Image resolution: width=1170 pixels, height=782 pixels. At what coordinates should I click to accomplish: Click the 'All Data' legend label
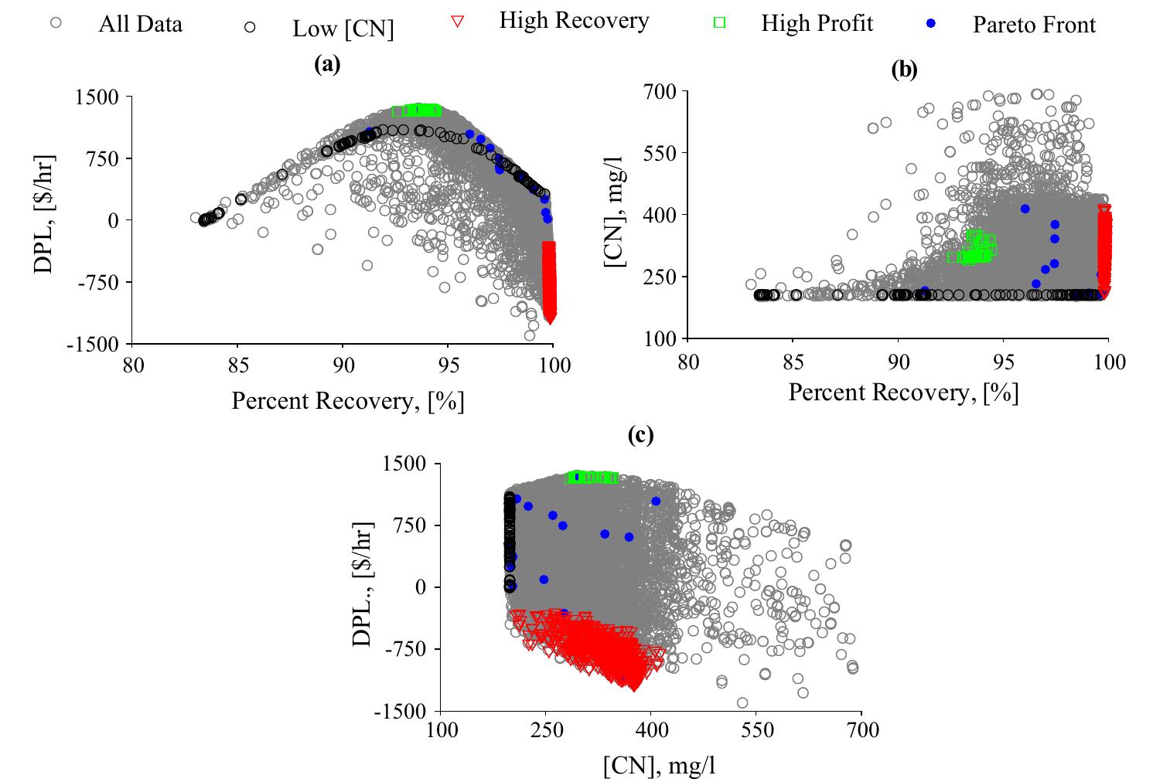coord(140,25)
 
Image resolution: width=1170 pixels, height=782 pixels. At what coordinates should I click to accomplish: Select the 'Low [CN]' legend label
coord(343,29)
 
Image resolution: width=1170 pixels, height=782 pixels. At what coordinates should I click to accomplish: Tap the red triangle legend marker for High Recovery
coord(457,22)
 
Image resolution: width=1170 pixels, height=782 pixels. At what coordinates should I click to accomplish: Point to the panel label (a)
coord(327,65)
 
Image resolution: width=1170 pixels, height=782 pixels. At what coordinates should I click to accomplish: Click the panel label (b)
coord(904,70)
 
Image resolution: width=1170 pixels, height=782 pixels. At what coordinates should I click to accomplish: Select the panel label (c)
coord(641,436)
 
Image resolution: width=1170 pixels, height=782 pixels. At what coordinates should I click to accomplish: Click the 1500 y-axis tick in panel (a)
coord(97,97)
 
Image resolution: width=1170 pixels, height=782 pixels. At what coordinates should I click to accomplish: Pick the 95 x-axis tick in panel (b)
coord(1003,360)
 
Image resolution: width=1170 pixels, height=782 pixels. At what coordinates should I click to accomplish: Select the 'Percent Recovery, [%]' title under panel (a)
coord(347,401)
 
